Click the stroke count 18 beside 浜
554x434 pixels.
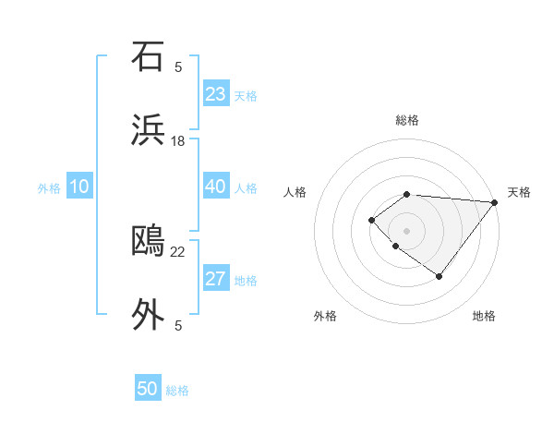pyautogui.click(x=178, y=140)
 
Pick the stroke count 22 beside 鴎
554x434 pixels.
pyautogui.click(x=178, y=250)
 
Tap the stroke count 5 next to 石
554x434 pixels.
pyautogui.click(x=178, y=66)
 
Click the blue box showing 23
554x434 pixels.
pyautogui.click(x=216, y=94)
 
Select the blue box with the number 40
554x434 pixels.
pyautogui.click(x=216, y=187)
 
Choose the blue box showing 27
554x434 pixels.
pyautogui.click(x=216, y=279)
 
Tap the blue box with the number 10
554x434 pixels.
pyautogui.click(x=79, y=187)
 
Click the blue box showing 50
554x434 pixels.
pyautogui.click(x=148, y=389)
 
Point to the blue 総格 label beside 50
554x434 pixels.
pyautogui.click(x=177, y=391)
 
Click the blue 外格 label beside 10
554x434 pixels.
pyautogui.click(x=49, y=188)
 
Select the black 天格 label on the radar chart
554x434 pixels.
pyautogui.click(x=519, y=192)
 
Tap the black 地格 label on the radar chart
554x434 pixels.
pyautogui.click(x=484, y=316)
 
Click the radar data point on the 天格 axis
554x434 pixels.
pyautogui.click(x=495, y=202)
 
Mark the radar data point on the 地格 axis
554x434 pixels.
pyautogui.click(x=440, y=276)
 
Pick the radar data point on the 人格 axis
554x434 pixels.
pyautogui.click(x=371, y=219)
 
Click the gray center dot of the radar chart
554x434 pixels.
pyautogui.click(x=406, y=230)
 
